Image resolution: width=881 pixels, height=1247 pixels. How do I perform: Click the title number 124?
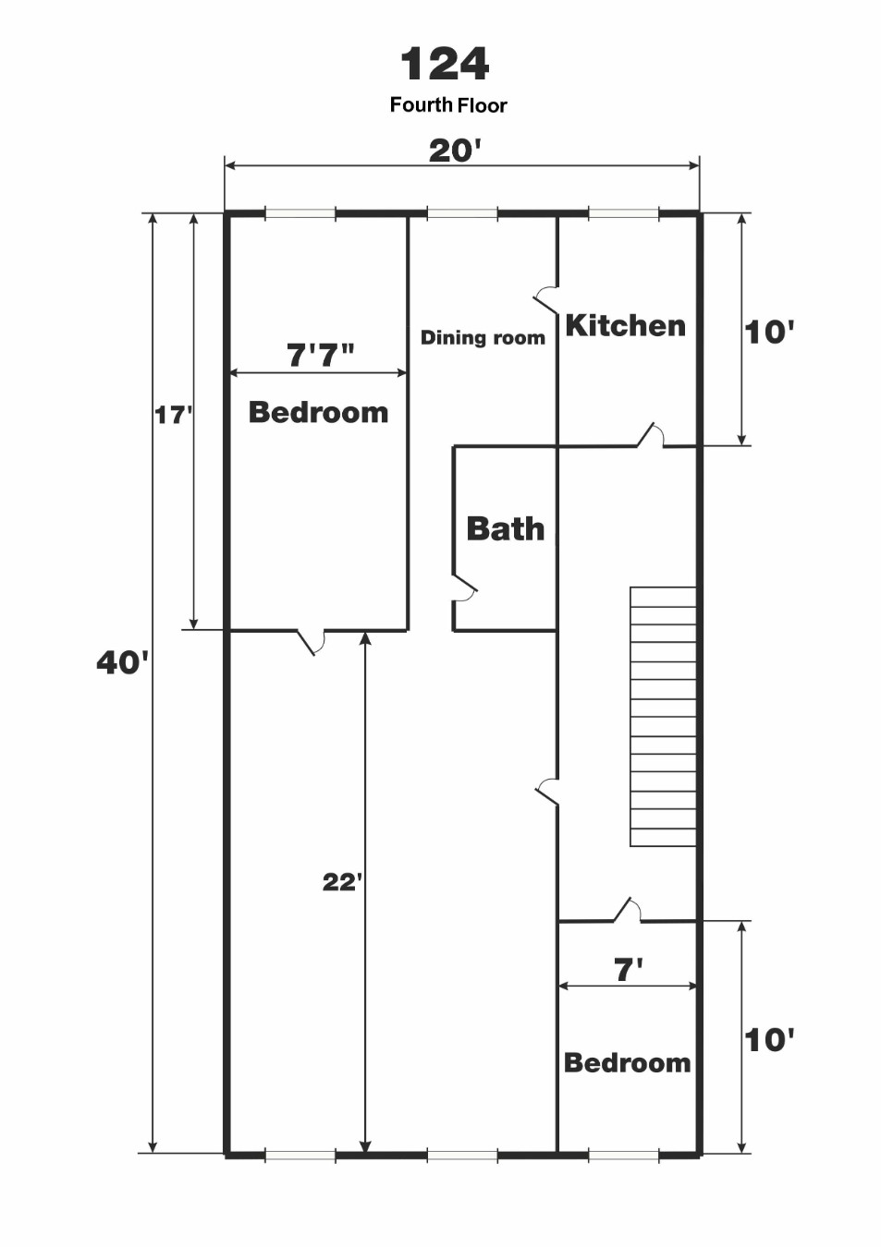pyautogui.click(x=445, y=64)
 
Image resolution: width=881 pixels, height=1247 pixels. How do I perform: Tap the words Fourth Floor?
pyautogui.click(x=448, y=105)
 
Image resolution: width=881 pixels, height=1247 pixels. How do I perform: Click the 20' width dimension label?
pyautogui.click(x=455, y=151)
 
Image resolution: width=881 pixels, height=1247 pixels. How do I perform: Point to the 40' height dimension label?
pyautogui.click(x=123, y=662)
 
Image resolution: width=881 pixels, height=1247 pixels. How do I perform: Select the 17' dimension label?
pyautogui.click(x=173, y=415)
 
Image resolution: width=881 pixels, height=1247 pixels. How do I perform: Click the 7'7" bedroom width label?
pyautogui.click(x=321, y=355)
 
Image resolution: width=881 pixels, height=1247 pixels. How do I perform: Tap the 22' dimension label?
pyautogui.click(x=342, y=882)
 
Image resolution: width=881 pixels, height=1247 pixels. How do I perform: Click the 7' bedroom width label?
pyautogui.click(x=628, y=970)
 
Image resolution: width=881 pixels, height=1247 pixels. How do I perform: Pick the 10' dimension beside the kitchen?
pyautogui.click(x=769, y=333)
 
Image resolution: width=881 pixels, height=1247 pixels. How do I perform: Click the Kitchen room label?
pyautogui.click(x=625, y=325)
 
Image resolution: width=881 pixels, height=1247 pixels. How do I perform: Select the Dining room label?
pyautogui.click(x=483, y=337)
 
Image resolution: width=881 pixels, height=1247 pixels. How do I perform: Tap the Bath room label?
pyautogui.click(x=506, y=528)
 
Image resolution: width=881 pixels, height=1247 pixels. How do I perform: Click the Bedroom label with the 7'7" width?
pyautogui.click(x=318, y=413)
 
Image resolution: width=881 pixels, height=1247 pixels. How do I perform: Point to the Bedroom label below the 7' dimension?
pyautogui.click(x=628, y=1063)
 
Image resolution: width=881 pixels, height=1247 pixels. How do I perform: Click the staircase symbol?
pyautogui.click(x=663, y=717)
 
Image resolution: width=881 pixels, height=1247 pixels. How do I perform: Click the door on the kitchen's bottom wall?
pyautogui.click(x=650, y=436)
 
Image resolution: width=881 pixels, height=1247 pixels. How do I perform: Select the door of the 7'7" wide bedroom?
pyautogui.click(x=311, y=641)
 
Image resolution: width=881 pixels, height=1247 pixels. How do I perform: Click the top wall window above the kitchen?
pyautogui.click(x=624, y=212)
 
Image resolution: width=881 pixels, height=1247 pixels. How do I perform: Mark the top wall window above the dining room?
pyautogui.click(x=462, y=212)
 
